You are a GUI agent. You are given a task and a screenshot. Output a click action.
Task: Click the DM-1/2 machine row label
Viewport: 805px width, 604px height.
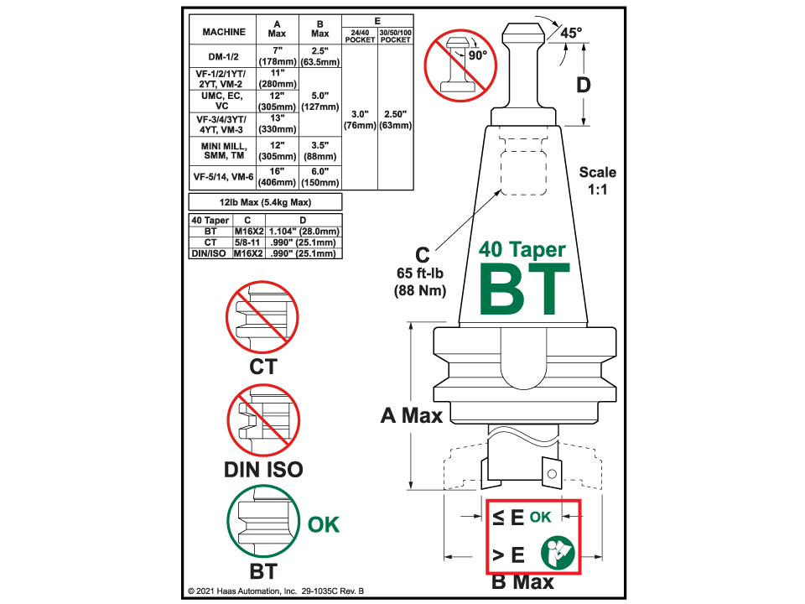point(221,57)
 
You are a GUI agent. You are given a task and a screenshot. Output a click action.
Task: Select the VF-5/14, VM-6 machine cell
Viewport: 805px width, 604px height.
point(221,177)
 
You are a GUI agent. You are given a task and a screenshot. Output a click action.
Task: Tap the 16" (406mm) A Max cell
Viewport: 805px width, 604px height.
point(277,177)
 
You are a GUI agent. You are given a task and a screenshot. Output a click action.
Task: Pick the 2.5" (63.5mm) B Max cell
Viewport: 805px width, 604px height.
point(319,57)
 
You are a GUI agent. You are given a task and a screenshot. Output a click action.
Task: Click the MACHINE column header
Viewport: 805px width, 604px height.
point(224,31)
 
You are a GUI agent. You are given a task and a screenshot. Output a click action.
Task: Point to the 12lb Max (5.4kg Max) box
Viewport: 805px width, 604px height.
point(266,202)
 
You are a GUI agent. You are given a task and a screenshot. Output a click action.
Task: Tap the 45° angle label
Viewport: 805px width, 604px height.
point(571,34)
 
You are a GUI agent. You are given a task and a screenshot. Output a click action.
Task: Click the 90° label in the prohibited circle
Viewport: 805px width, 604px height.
point(478,55)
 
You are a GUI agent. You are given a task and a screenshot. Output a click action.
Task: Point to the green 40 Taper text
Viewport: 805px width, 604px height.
point(522,250)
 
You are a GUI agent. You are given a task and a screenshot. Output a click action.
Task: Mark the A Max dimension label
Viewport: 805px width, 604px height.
point(411,414)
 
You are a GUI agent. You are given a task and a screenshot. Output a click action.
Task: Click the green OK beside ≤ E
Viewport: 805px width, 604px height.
point(540,517)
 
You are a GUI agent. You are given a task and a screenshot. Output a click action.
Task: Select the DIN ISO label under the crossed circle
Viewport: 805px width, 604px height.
point(263,470)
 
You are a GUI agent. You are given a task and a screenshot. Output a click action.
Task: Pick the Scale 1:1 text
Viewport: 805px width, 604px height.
point(597,180)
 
